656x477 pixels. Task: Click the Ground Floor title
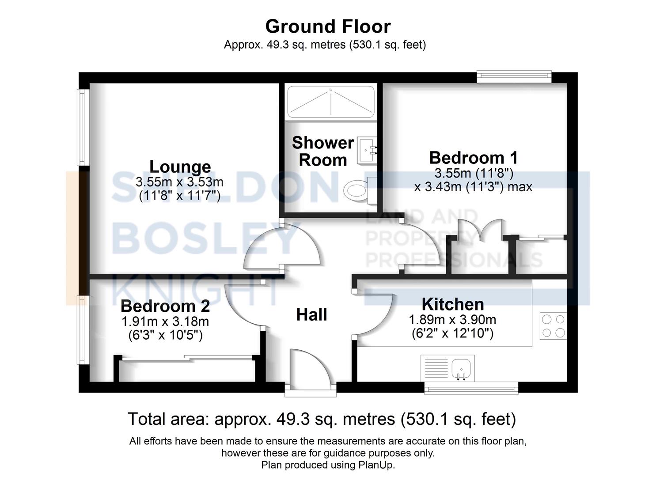(x=328, y=26)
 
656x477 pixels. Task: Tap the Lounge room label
(x=180, y=167)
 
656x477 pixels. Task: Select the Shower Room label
(x=323, y=151)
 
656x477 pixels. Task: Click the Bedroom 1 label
(x=473, y=158)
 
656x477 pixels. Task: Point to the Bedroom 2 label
(x=165, y=306)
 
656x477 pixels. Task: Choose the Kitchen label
(x=453, y=305)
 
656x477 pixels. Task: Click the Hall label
(x=311, y=315)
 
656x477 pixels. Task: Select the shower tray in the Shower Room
(x=330, y=102)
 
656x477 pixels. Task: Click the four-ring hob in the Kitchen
(x=553, y=326)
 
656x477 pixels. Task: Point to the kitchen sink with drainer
(x=447, y=368)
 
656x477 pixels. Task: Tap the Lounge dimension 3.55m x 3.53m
(x=179, y=182)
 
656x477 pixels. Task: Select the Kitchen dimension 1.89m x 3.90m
(x=452, y=320)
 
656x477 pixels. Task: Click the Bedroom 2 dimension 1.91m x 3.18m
(x=165, y=322)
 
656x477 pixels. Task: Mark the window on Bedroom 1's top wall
(x=514, y=76)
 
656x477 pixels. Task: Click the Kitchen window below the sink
(x=471, y=389)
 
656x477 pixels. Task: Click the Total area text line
(x=322, y=419)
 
